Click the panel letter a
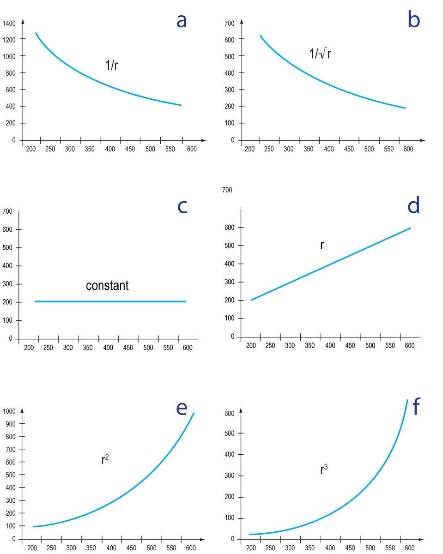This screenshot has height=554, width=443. (x=182, y=21)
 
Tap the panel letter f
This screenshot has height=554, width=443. (x=416, y=407)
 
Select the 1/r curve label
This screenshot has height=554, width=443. (x=112, y=65)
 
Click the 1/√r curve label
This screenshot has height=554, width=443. (x=320, y=54)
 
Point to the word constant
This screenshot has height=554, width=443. (x=107, y=286)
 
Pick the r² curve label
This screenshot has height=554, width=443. (x=105, y=459)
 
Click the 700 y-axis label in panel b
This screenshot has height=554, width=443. (x=229, y=23)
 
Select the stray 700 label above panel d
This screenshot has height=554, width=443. (x=227, y=190)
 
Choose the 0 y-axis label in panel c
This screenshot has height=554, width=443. (x=11, y=339)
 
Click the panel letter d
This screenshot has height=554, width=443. (x=413, y=205)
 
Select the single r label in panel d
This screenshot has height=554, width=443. (x=322, y=245)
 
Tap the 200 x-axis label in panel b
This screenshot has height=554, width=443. (x=249, y=149)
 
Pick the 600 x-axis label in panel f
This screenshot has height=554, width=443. (x=409, y=548)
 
